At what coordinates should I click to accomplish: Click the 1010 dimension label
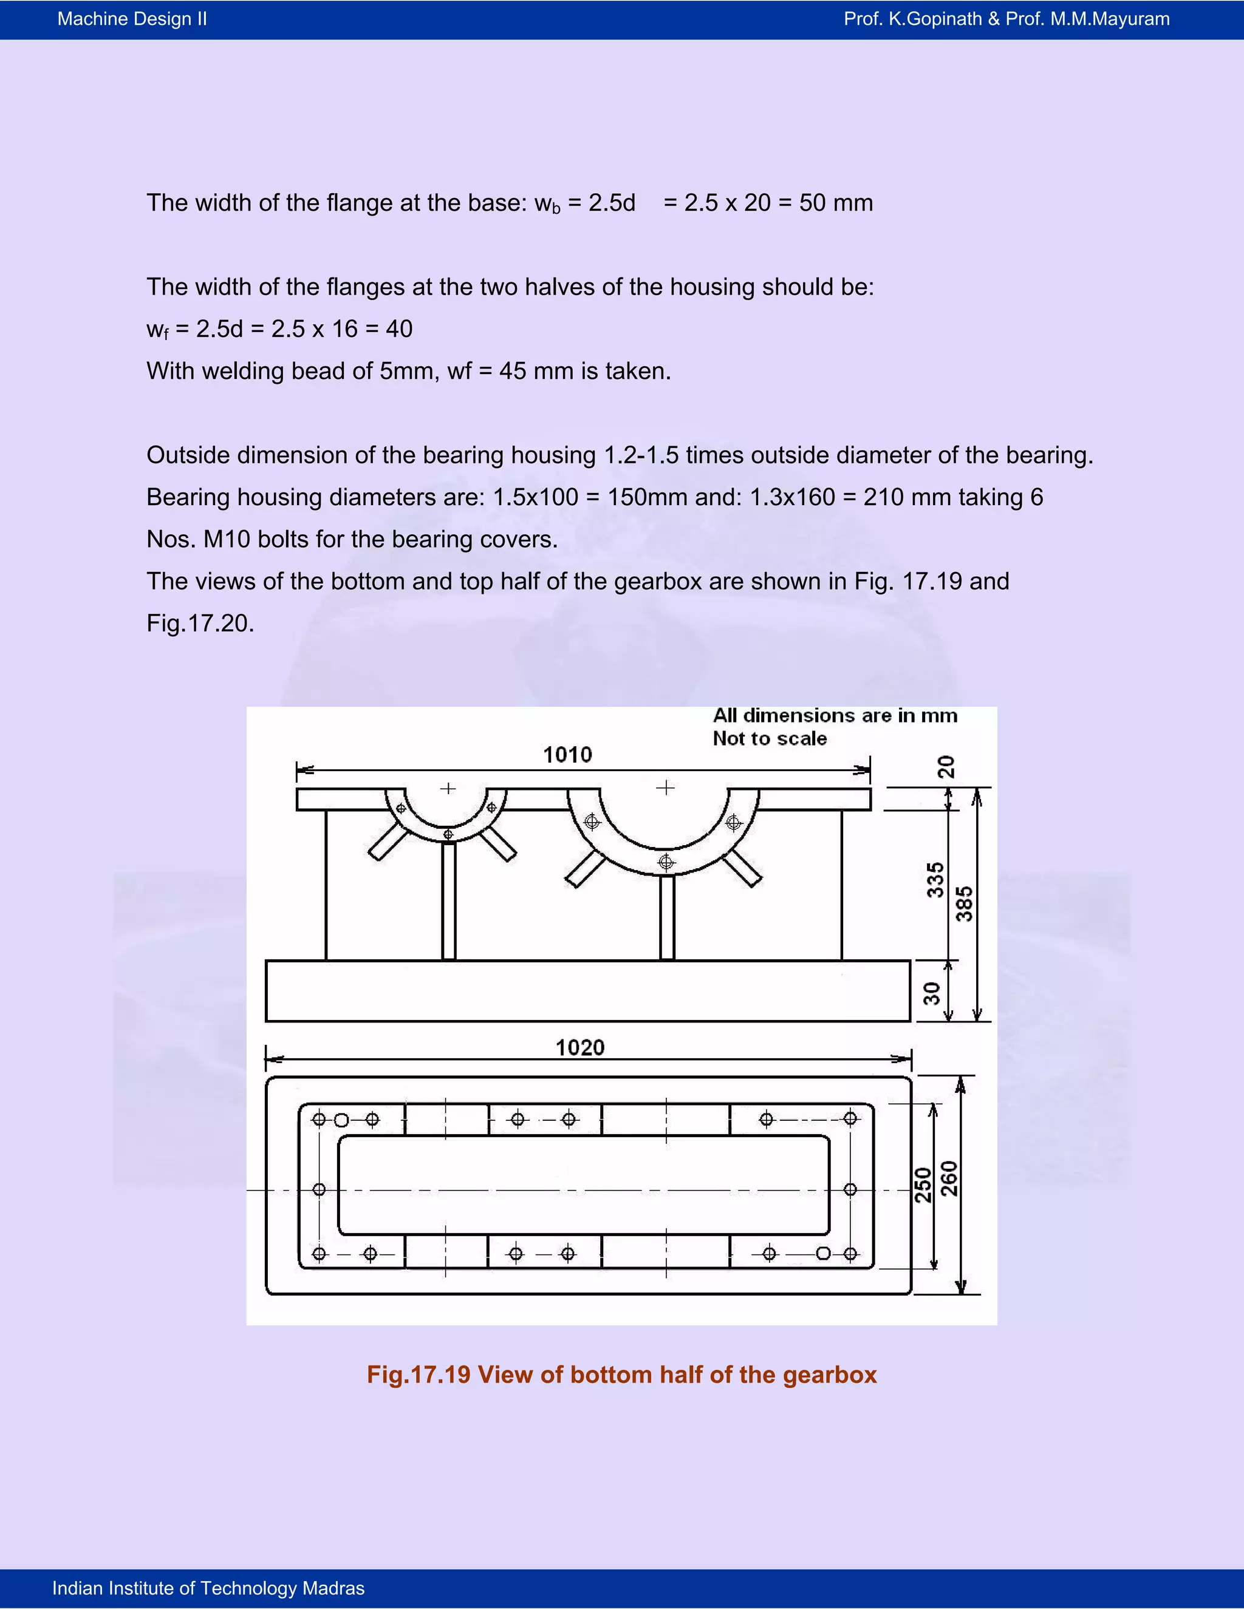click(567, 754)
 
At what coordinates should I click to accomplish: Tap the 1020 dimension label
click(580, 1047)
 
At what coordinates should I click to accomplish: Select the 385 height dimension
click(965, 904)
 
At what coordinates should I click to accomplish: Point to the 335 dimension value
click(934, 880)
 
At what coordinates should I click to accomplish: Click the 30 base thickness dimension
click(932, 993)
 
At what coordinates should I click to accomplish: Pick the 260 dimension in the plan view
click(950, 1179)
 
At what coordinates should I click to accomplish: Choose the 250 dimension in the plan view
click(923, 1185)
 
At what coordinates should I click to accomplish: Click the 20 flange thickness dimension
click(946, 767)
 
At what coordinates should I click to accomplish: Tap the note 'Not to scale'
click(770, 738)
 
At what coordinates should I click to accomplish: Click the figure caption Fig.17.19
click(621, 1375)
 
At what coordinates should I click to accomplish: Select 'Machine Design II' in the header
click(132, 19)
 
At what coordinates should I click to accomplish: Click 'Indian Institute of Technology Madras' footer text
click(208, 1588)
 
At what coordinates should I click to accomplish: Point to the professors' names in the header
click(1006, 19)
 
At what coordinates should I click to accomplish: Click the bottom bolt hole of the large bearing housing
click(666, 862)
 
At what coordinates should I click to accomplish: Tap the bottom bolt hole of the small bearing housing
click(448, 835)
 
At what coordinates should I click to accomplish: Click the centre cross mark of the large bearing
click(666, 787)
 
